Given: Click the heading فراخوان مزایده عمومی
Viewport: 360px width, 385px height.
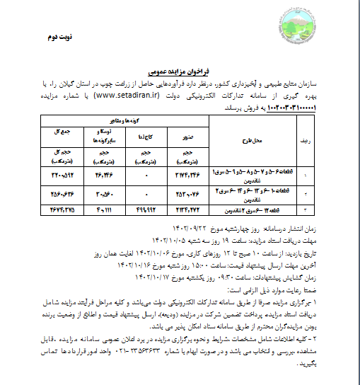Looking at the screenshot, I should pyautogui.click(x=179, y=71).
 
